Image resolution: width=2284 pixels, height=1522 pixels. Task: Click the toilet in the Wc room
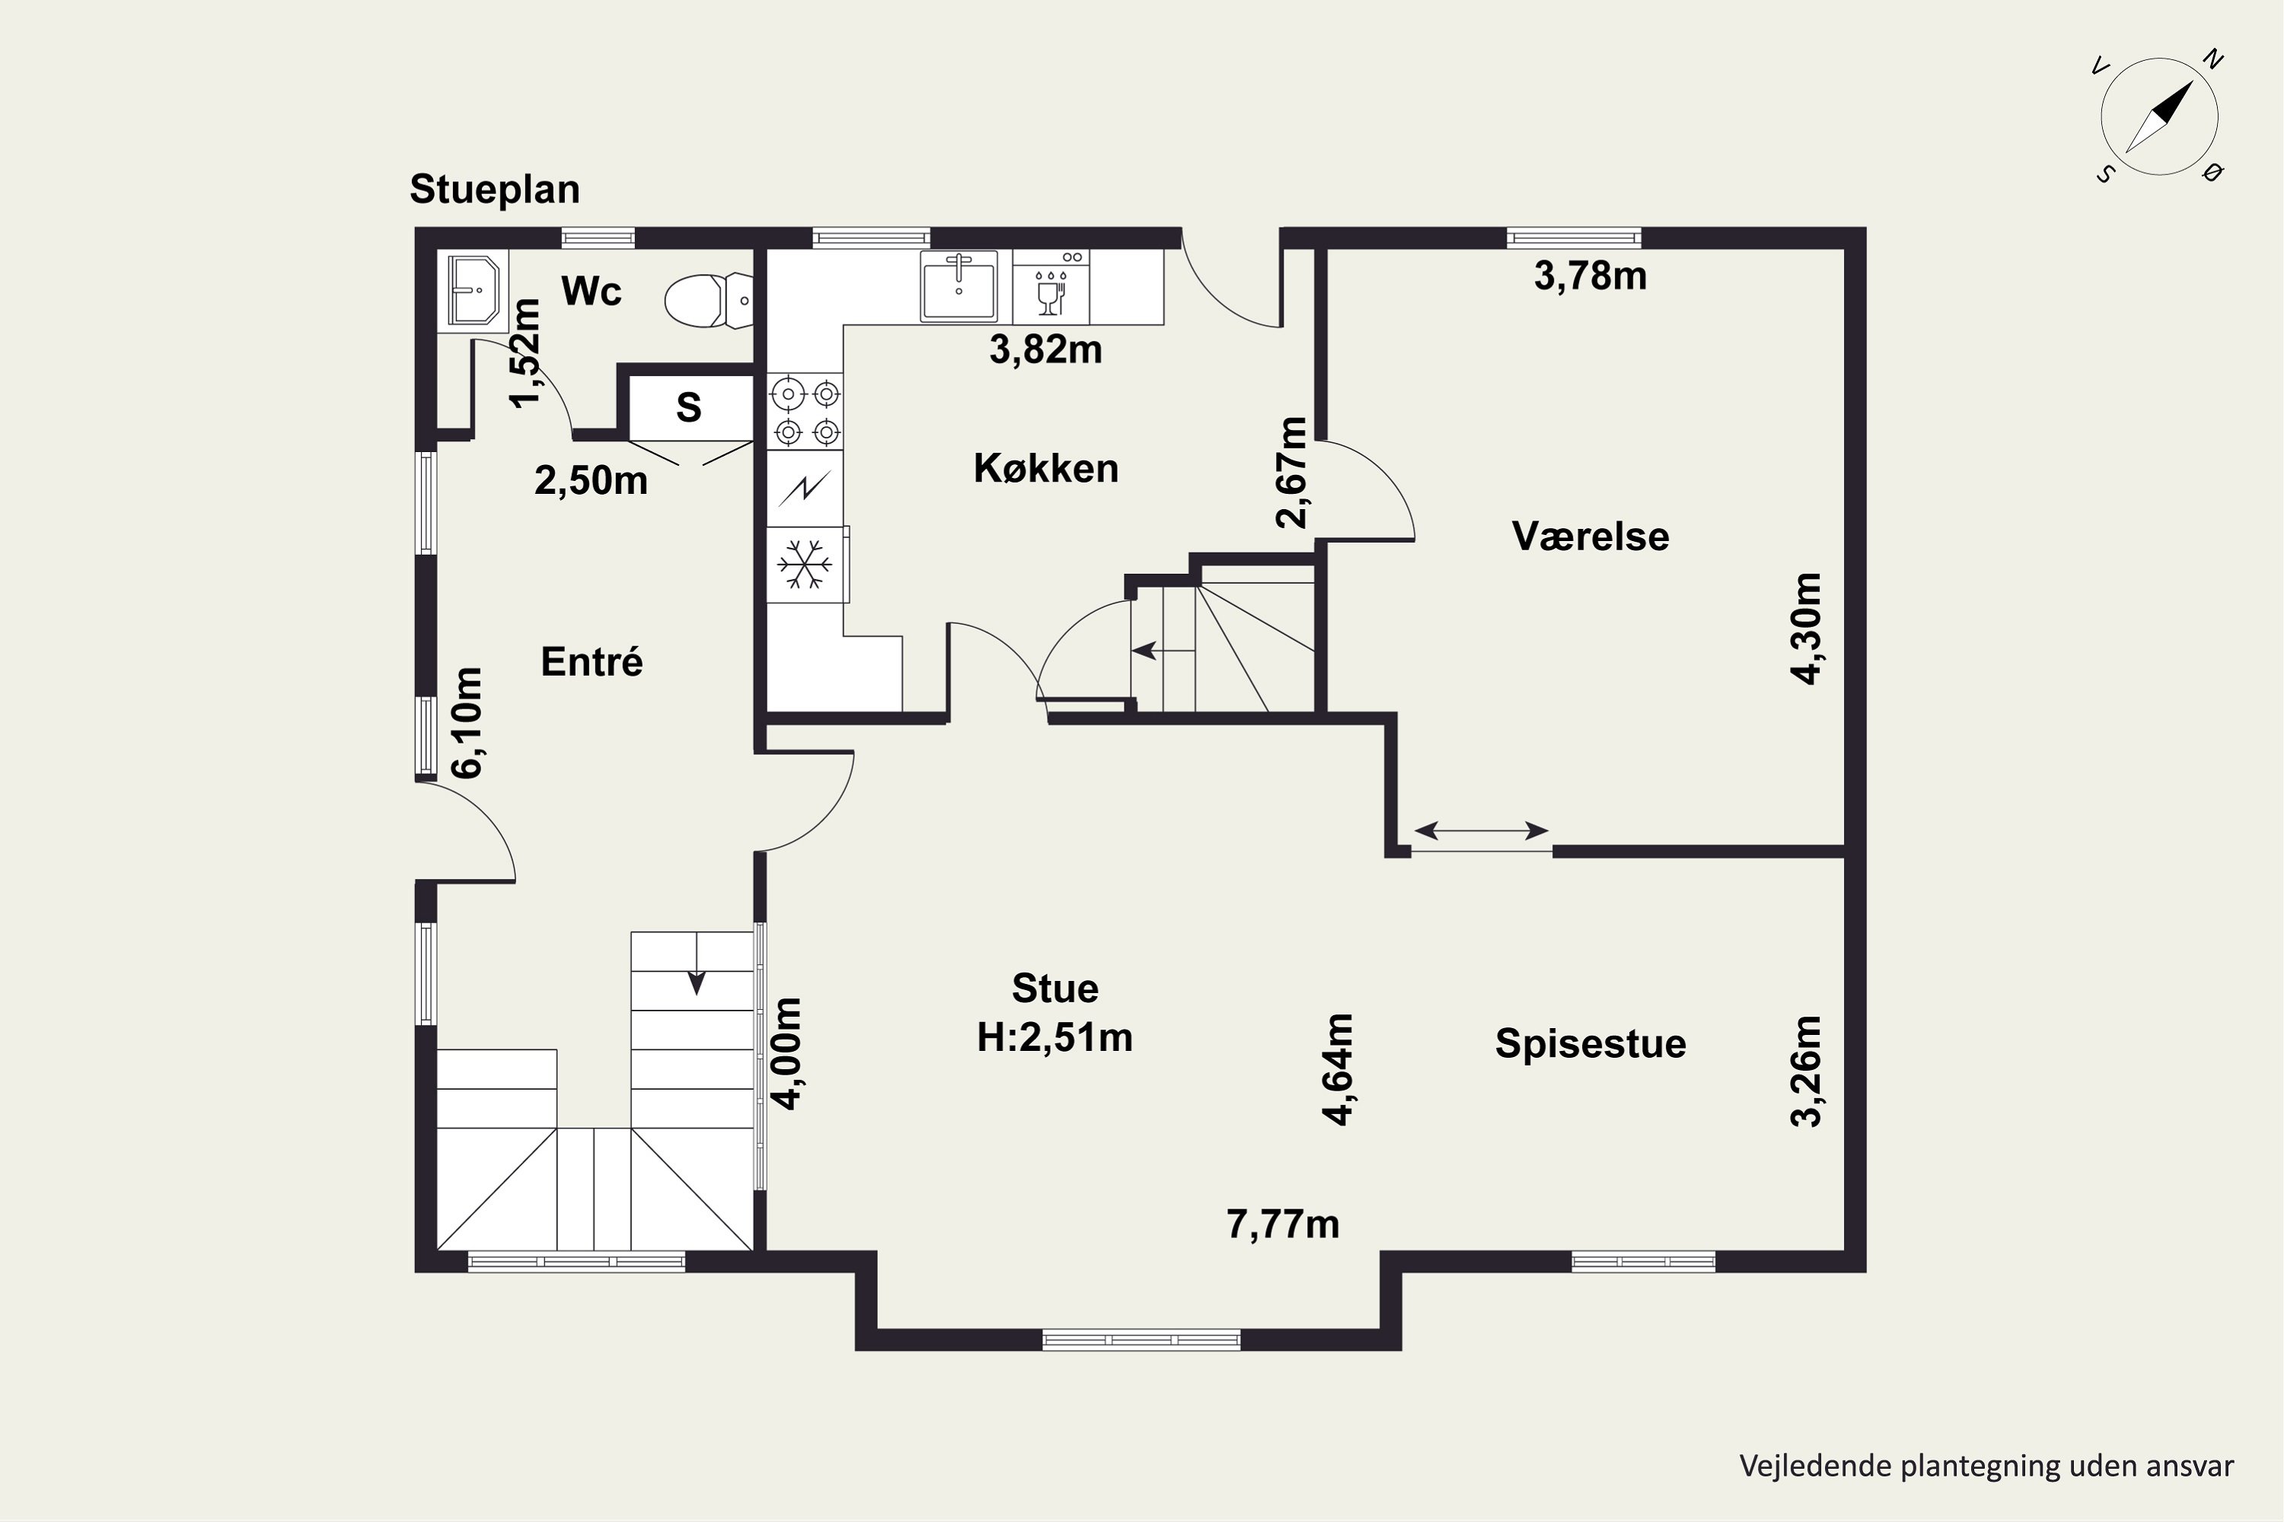pos(708,300)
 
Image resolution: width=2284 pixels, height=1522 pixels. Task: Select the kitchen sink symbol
pos(959,285)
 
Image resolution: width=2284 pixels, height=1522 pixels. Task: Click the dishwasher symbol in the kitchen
pos(1051,286)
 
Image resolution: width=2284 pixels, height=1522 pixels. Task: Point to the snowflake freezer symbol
pos(806,565)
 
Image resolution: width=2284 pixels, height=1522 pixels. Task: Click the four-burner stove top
pos(805,412)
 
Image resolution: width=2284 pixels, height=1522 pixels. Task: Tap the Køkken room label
pos(1046,469)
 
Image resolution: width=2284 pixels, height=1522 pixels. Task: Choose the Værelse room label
pos(1590,537)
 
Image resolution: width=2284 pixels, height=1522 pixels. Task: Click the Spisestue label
pos(1590,1043)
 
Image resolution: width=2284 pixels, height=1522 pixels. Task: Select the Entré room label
pos(592,662)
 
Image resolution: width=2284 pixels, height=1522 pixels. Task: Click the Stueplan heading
pos(494,190)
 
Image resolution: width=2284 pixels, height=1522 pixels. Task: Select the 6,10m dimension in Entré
pos(467,723)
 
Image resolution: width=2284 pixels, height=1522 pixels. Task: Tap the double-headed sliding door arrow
pos(1481,831)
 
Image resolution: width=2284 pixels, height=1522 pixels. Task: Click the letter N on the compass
pos(2213,59)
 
